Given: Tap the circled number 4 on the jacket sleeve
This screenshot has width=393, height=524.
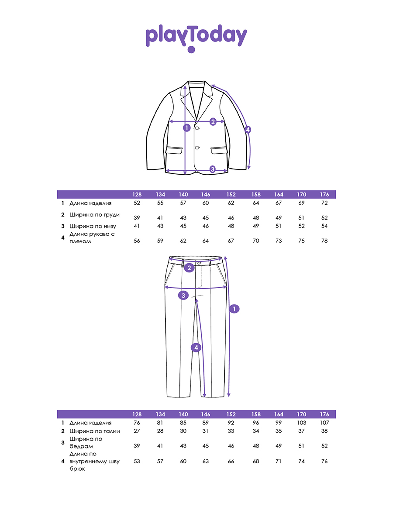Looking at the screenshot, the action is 248,130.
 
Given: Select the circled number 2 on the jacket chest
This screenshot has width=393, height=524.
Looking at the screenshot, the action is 213,122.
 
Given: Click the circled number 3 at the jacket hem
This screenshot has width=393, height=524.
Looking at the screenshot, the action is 212,169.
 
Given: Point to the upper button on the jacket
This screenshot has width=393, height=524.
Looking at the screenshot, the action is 197,128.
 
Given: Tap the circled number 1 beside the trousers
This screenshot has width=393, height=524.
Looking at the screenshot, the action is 234,309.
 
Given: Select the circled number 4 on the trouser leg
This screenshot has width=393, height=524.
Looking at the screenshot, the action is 196,348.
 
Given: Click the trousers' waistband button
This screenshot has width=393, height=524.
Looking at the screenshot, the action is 199,262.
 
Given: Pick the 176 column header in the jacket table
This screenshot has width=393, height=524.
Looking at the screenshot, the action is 324,195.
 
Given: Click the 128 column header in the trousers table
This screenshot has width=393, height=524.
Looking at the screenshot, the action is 137,414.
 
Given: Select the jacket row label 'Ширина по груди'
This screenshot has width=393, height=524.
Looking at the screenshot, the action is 94,215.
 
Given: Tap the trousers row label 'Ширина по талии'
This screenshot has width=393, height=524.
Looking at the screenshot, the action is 94,431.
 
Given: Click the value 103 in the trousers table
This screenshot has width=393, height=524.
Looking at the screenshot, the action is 301,423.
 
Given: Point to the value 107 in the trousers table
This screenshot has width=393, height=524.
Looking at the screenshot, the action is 324,423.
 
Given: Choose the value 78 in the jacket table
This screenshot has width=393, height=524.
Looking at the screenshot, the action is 324,241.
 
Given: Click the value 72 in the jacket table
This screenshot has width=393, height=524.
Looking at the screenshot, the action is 324,203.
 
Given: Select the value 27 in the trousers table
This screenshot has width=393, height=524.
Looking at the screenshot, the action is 137,431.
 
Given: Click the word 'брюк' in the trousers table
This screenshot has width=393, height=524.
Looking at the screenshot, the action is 77,469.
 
